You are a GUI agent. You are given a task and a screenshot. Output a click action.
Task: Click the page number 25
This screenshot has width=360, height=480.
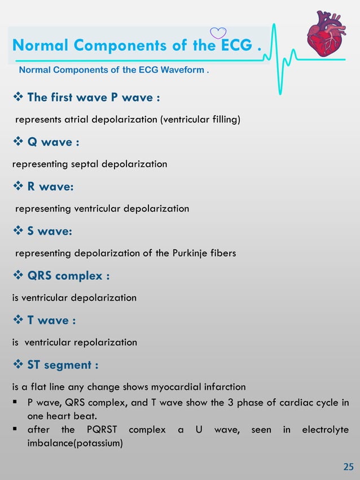pos(348,466)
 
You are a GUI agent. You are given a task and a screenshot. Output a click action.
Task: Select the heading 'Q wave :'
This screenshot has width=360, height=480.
pos(50,142)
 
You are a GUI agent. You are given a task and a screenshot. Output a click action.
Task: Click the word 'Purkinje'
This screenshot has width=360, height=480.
pos(174,253)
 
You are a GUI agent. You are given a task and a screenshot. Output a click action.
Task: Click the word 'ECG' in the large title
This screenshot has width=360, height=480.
pos(235,45)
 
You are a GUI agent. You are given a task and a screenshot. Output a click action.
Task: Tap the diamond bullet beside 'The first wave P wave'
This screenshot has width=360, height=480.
pos(17,98)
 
